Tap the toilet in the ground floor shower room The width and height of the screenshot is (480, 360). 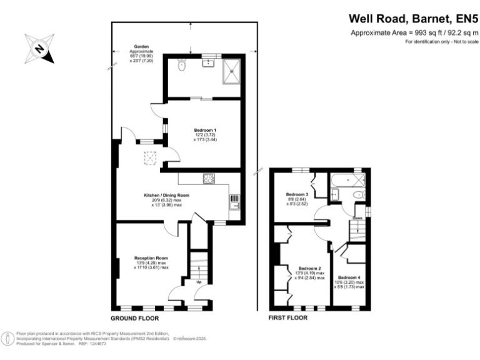[x=180, y=65]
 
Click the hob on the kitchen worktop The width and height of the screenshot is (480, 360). [x=209, y=179]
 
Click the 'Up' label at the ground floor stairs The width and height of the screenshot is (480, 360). [x=199, y=281]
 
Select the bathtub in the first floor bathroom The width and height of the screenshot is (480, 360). [x=347, y=181]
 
